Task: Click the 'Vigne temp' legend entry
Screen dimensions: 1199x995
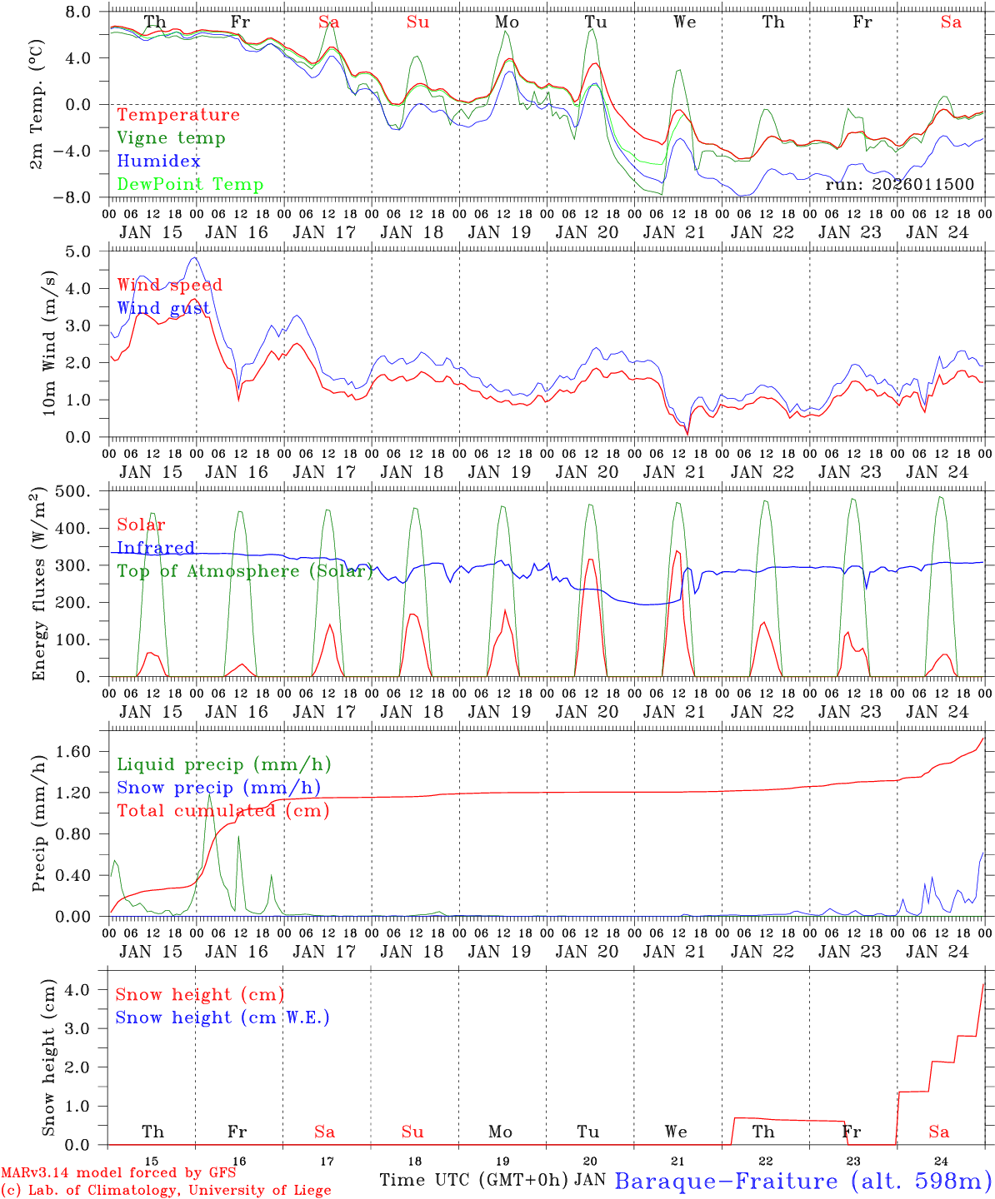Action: pyautogui.click(x=171, y=138)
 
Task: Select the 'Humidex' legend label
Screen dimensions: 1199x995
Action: pyautogui.click(x=158, y=162)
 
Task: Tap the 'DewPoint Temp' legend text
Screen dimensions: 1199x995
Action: pyautogui.click(x=190, y=185)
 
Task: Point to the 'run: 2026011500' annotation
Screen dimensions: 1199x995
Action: pyautogui.click(x=899, y=184)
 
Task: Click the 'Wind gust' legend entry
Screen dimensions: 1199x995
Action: pyautogui.click(x=163, y=308)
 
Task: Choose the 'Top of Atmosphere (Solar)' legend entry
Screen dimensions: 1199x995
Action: pyautogui.click(x=245, y=571)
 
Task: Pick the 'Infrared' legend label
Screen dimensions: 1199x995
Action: pyautogui.click(x=156, y=548)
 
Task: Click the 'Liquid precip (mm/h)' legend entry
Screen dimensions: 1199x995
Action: pyautogui.click(x=224, y=764)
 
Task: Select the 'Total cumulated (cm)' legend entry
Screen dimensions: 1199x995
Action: pyautogui.click(x=223, y=811)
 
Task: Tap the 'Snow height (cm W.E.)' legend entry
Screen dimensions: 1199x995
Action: pyautogui.click(x=222, y=1017)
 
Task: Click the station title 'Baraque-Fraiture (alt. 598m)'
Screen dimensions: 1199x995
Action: pyautogui.click(x=803, y=1181)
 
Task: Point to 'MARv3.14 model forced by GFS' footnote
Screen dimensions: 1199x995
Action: pyautogui.click(x=118, y=1173)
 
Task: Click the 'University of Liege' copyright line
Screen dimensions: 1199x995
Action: pyautogui.click(x=166, y=1191)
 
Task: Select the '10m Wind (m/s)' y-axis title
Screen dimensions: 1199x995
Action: pyautogui.click(x=49, y=341)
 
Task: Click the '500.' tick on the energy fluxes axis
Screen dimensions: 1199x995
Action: pyautogui.click(x=83, y=491)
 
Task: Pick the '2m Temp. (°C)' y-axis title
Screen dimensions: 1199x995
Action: pyautogui.click(x=37, y=104)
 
